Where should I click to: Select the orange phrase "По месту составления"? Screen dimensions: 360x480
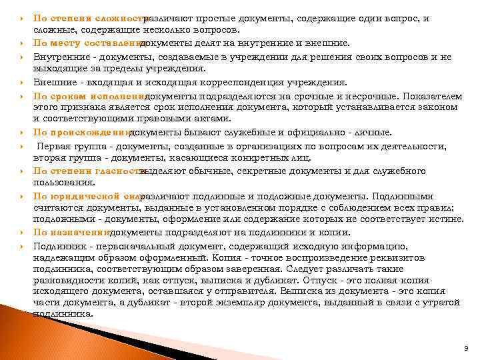pos(87,44)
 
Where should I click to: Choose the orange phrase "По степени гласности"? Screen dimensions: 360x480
pos(88,171)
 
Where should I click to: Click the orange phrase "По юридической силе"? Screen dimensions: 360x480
pos(87,197)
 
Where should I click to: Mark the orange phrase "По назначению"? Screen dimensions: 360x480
pos(71,233)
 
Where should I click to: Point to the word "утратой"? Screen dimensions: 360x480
pos(442,303)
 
